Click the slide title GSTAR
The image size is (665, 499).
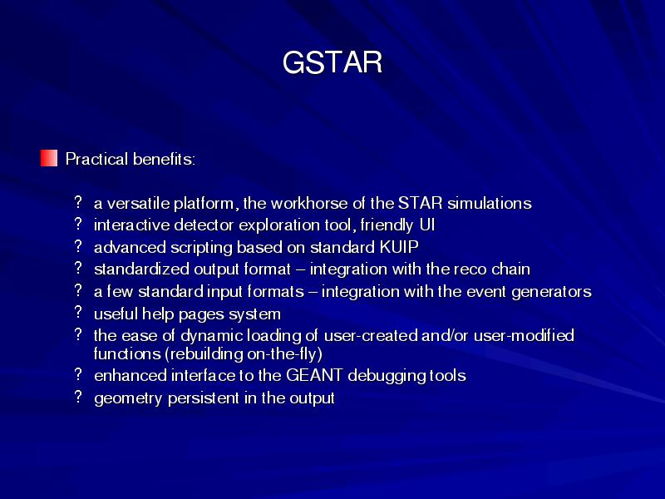pos(332,62)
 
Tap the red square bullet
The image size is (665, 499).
pos(49,158)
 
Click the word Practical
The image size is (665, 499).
pos(96,159)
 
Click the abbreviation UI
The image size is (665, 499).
pos(427,225)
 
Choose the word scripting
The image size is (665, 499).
pos(201,248)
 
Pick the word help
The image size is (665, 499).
pos(158,314)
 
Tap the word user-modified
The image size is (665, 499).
pos(524,335)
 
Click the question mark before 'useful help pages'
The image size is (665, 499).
pos(78,313)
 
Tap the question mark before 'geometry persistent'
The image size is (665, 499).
pos(78,397)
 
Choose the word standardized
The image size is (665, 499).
pos(141,269)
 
